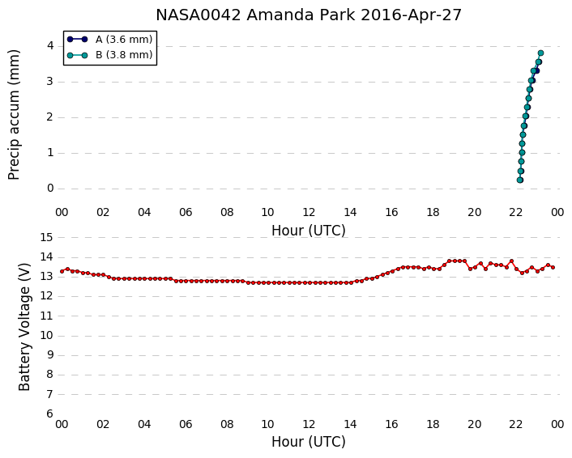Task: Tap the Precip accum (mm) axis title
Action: click(x=14, y=115)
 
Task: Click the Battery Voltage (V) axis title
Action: click(x=24, y=326)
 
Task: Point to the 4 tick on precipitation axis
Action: click(x=50, y=46)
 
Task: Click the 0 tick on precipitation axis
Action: click(x=50, y=189)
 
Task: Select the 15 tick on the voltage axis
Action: click(x=47, y=238)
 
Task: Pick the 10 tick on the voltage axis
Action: click(x=47, y=336)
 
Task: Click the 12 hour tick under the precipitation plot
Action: click(x=309, y=212)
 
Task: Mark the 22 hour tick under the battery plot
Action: click(x=516, y=425)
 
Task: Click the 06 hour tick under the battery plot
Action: click(x=186, y=425)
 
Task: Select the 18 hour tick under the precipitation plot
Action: click(x=433, y=212)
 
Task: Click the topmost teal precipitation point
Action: click(x=540, y=53)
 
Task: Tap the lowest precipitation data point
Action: click(x=520, y=180)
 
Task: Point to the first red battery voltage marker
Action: click(x=62, y=271)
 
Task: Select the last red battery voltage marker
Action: click(x=553, y=268)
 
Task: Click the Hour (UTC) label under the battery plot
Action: click(x=309, y=442)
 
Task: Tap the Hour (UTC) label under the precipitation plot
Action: click(x=309, y=231)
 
